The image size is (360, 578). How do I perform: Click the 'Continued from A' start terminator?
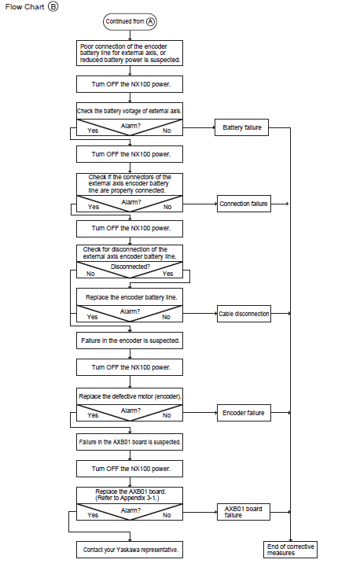point(130,22)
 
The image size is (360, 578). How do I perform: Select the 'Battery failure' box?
point(242,127)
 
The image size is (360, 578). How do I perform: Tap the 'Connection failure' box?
point(244,204)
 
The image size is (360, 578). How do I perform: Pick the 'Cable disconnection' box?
point(244,314)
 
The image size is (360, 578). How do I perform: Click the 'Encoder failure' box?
point(244,413)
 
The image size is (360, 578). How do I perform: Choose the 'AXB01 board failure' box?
point(244,512)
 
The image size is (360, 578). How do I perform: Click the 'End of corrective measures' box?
point(290,550)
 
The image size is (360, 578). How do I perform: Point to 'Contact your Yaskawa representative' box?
point(130,550)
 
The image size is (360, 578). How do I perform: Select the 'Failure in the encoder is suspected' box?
point(130,341)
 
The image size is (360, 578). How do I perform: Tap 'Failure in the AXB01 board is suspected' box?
point(130,442)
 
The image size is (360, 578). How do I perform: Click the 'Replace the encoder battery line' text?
point(131,297)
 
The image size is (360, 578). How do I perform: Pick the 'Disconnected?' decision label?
point(130,267)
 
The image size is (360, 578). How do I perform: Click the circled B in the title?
point(53,6)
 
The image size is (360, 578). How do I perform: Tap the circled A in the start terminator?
point(150,21)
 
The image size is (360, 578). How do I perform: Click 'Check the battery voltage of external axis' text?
point(130,111)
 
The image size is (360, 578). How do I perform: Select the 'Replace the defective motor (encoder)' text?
point(130,396)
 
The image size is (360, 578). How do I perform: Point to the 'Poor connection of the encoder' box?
point(130,53)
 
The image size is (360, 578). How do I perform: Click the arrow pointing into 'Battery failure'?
point(199,127)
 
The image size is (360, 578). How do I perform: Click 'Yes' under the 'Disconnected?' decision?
point(167,274)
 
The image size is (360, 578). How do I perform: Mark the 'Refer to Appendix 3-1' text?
point(127,498)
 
